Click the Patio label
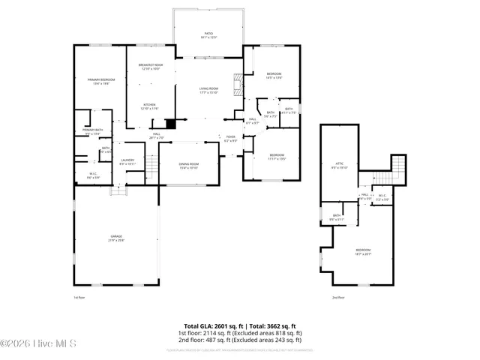tap(209, 34)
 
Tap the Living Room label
tap(208, 90)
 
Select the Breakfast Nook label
tap(151, 67)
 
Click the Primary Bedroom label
tap(100, 80)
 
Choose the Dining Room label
tap(188, 165)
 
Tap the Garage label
tap(116, 237)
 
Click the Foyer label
tap(231, 138)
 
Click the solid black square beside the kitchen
tap(170, 124)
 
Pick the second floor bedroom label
tap(363, 251)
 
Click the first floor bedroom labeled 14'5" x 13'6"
tap(274, 75)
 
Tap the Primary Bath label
tap(93, 131)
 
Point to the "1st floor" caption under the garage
tap(79, 298)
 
